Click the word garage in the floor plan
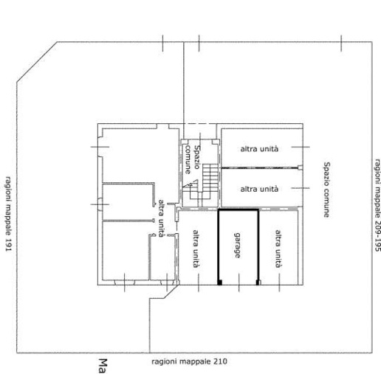[237, 245]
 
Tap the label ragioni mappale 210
[189, 361]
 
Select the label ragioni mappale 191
[8, 214]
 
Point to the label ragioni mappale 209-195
[377, 205]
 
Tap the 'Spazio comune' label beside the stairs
[192, 159]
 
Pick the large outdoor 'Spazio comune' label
[326, 190]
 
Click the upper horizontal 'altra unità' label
[259, 149]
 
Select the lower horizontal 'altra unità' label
[259, 189]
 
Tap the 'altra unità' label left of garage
[196, 249]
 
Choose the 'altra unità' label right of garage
[278, 249]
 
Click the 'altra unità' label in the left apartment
[161, 218]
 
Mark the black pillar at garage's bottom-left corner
[220, 283]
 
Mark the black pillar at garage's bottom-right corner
[258, 283]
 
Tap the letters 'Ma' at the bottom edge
[103, 366]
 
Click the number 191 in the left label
[8, 245]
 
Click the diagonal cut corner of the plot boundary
[37, 62]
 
